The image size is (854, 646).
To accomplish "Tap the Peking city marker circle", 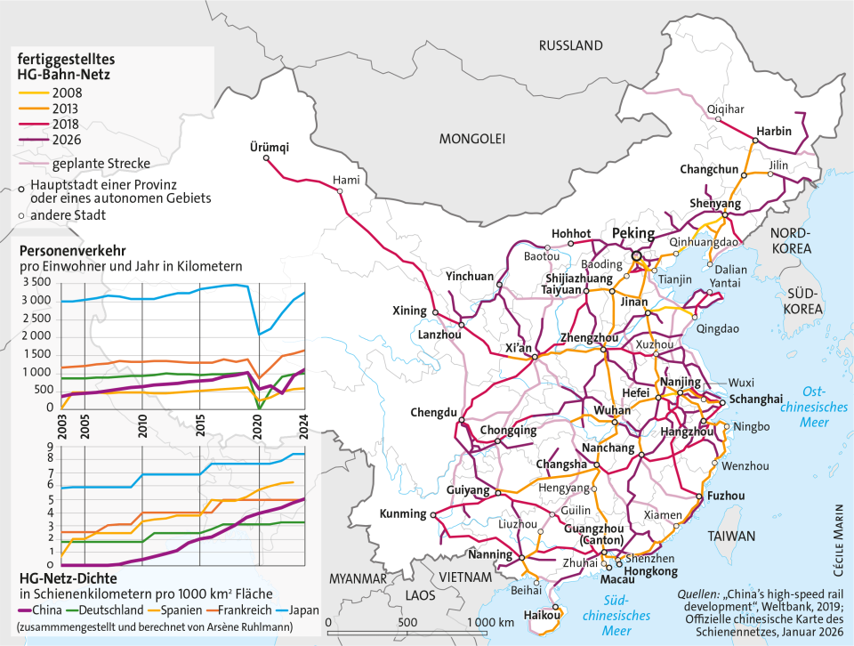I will click(636, 255).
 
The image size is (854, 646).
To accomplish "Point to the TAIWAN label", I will click(731, 537).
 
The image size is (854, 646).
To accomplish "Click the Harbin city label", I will click(774, 132).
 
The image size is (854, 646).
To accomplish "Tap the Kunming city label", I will click(403, 513).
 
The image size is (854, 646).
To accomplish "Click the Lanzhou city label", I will click(439, 335).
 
